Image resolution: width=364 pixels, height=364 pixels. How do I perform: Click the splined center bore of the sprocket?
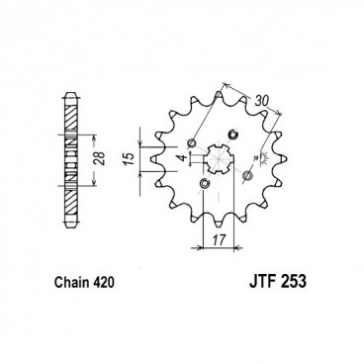pyautogui.click(x=218, y=157)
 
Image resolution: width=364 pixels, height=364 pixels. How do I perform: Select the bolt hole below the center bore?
pyautogui.click(x=205, y=184)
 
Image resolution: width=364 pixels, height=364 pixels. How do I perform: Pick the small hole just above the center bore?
pyautogui.click(x=232, y=135)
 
